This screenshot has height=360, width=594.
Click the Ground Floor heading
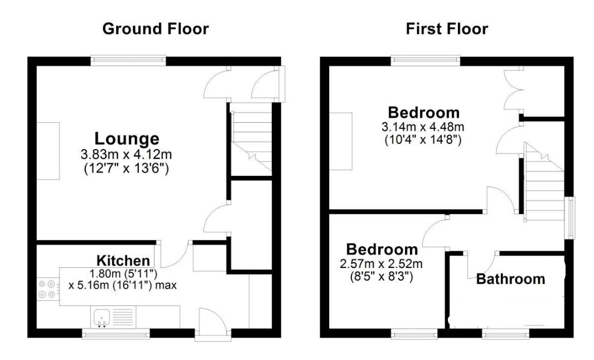click(x=156, y=29)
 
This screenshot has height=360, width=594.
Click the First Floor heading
click(x=447, y=29)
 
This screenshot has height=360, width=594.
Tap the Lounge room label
click(x=127, y=138)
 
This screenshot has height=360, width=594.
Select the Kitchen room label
click(x=123, y=261)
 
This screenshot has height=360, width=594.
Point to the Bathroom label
click(x=510, y=279)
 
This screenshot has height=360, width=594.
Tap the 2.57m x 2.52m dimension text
click(x=381, y=263)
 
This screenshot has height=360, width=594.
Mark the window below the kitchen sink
click(x=116, y=334)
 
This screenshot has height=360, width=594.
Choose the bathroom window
click(x=505, y=334)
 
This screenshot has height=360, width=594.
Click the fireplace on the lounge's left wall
click(x=48, y=151)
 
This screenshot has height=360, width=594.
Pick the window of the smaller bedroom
click(x=414, y=334)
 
